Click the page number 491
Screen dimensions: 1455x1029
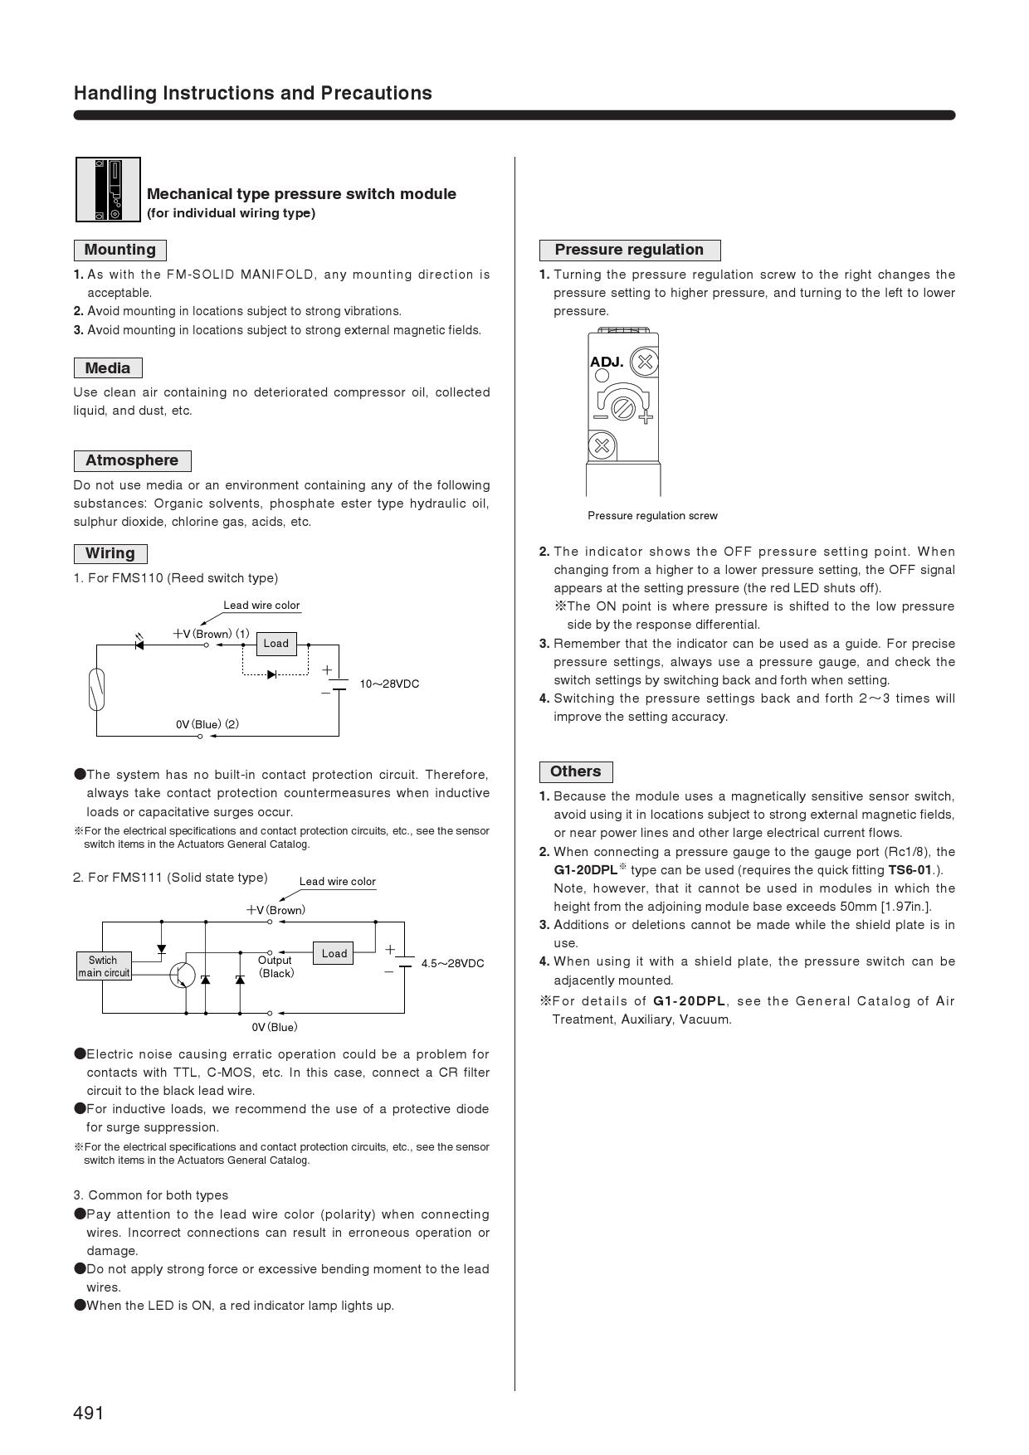89,1413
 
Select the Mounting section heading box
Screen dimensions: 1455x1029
120,250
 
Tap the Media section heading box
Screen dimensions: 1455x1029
108,368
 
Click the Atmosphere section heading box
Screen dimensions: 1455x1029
132,461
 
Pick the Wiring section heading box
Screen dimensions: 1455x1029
110,554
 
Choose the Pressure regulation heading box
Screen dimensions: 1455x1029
629,250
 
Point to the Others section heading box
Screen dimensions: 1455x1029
575,771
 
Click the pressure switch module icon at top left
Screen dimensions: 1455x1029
108,190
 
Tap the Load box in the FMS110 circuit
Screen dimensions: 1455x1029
276,644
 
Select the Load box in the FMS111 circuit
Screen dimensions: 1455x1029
334,953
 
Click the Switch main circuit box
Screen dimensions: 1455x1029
104,966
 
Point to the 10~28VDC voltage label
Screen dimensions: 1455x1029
389,684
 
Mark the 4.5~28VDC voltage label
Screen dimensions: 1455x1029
452,964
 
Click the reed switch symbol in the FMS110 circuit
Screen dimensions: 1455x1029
97,689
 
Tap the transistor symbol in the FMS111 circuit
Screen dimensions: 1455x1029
182,975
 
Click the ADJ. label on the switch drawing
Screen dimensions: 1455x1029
607,363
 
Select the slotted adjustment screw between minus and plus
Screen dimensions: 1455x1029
622,408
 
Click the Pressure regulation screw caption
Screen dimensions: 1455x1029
652,516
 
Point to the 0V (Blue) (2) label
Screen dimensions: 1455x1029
207,724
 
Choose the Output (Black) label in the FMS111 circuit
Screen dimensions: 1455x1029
276,966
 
